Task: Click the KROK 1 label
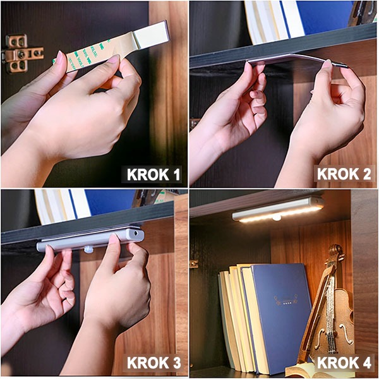(153, 174)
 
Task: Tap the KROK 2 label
(344, 174)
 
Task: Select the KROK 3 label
(153, 363)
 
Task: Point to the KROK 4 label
(344, 363)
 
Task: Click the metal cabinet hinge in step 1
(21, 54)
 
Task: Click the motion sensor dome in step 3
(88, 249)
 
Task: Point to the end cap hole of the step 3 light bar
(136, 234)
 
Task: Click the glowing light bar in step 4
(278, 209)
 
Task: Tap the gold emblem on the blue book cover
(286, 300)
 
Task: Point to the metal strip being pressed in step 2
(298, 59)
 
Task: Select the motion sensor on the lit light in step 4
(276, 219)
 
